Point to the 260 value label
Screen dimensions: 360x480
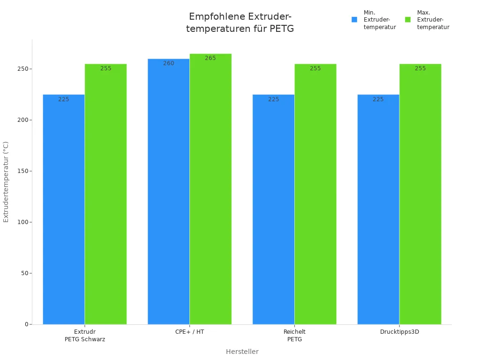coord(169,63)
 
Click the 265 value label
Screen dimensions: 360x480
coord(210,58)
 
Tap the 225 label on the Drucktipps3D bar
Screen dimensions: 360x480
coord(378,99)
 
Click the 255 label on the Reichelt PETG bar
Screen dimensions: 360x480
coord(315,68)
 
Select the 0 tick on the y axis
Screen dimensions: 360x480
coord(27,324)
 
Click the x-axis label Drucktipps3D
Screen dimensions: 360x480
coord(399,332)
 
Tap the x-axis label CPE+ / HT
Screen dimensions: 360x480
coord(190,332)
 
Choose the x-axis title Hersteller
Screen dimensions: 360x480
coord(242,352)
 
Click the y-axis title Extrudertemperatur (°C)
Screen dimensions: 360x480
coord(6,182)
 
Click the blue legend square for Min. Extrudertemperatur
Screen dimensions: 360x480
coord(354,20)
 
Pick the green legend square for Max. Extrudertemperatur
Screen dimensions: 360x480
coord(408,20)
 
